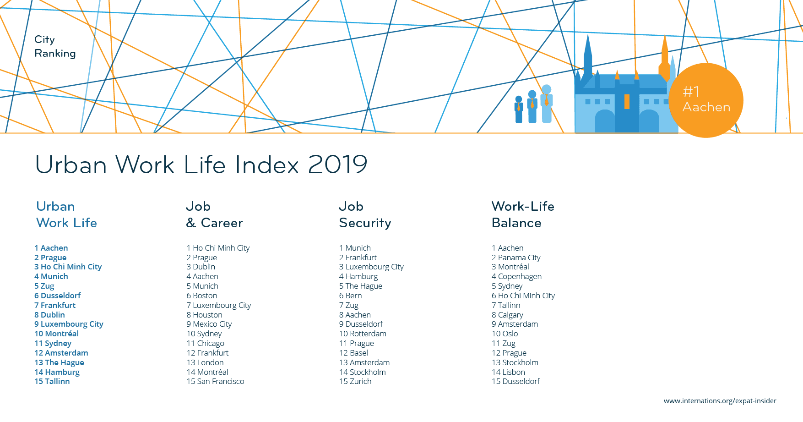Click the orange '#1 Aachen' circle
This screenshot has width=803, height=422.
coord(705,100)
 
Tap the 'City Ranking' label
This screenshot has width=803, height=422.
coord(55,46)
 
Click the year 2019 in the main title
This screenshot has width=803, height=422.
coord(338,164)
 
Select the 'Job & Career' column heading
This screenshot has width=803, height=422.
coord(214,214)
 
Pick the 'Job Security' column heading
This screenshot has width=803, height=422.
coord(365,214)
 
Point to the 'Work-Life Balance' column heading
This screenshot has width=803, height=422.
coord(523,214)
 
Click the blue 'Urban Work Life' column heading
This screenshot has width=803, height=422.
coord(67,214)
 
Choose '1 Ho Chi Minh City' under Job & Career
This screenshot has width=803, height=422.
coord(218,248)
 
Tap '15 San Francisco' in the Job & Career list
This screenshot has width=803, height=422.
coord(215,381)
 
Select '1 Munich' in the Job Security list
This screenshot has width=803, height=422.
coord(355,248)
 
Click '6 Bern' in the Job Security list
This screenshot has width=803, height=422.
coord(350,296)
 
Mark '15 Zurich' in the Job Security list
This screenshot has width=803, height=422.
coord(355,381)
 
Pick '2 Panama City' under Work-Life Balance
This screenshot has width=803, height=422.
coord(516,258)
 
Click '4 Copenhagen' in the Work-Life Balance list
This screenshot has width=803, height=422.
coord(516,276)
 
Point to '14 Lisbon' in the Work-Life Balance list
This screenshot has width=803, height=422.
coord(508,372)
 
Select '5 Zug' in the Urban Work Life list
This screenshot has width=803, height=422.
coord(44,286)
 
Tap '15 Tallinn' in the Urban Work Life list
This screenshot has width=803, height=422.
coord(52,381)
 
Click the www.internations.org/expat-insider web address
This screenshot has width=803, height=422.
coord(720,401)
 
